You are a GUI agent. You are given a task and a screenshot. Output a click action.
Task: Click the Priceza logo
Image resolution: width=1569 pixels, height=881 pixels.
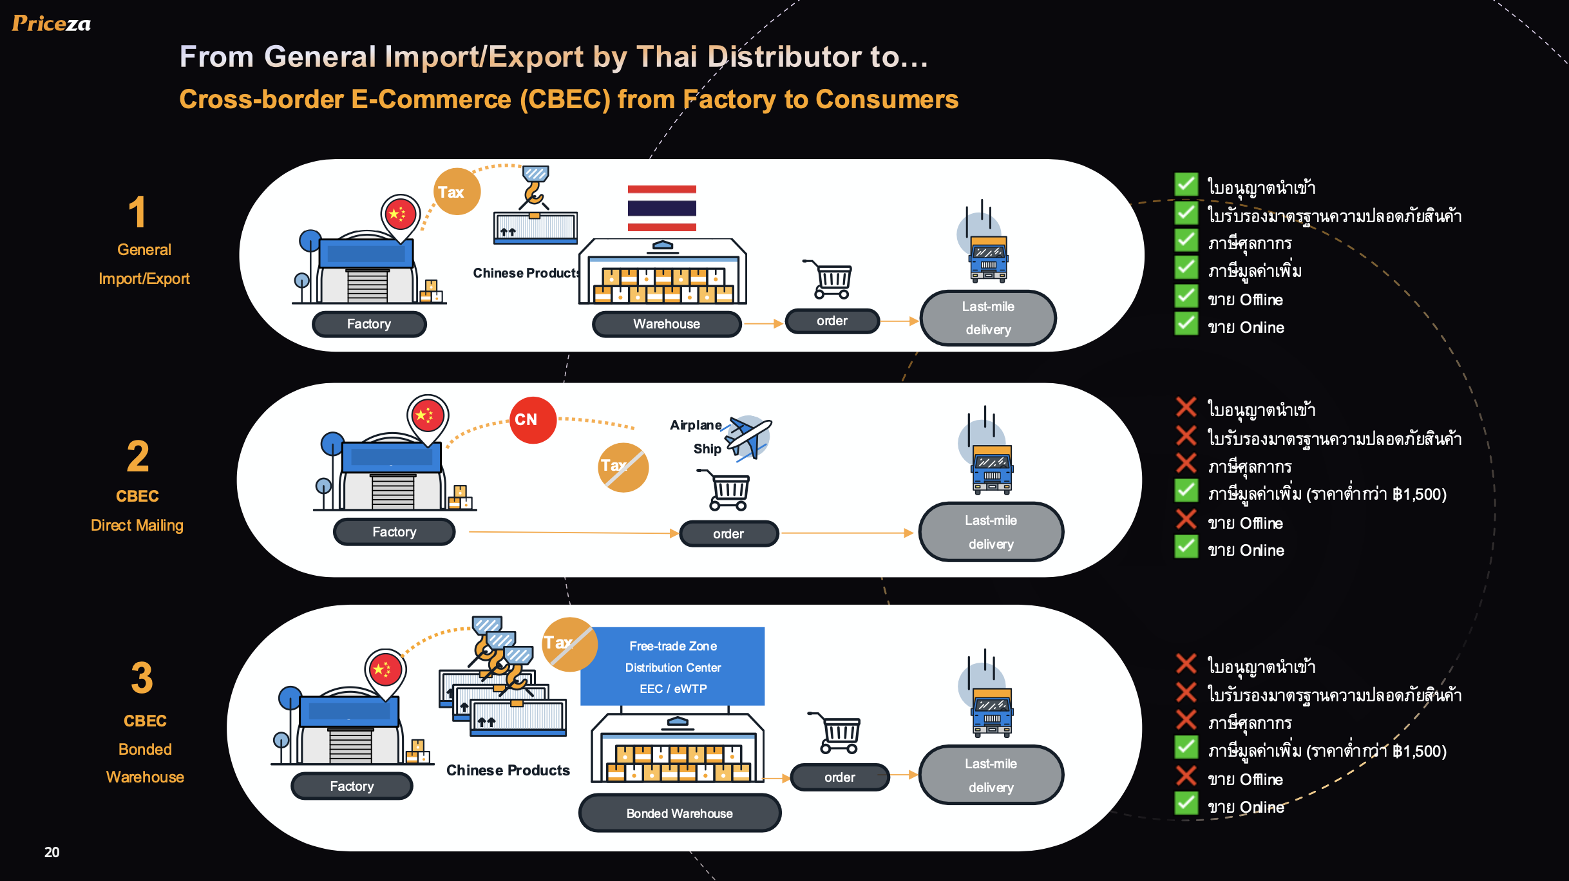click(x=52, y=24)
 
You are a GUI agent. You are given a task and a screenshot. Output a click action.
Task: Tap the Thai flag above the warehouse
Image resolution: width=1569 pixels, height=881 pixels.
click(x=661, y=208)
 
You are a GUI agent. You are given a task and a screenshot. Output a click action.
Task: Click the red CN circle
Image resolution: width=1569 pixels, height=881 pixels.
click(x=533, y=420)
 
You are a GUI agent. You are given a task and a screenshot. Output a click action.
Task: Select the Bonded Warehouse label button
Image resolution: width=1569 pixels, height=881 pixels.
click(x=680, y=813)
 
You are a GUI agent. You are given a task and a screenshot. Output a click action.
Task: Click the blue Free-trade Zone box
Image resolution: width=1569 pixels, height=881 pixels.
click(x=672, y=667)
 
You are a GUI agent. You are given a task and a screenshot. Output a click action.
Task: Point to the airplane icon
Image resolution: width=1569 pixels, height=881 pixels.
click(x=748, y=437)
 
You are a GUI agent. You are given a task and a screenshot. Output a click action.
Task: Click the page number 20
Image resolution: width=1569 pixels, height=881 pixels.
click(x=52, y=852)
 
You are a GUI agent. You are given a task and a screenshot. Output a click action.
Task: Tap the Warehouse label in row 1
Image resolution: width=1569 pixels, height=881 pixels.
click(x=667, y=324)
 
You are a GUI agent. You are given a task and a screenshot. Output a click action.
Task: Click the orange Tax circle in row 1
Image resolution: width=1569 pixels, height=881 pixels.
click(x=456, y=192)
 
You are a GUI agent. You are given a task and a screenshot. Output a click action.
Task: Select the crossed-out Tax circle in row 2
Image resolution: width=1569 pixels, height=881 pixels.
click(x=623, y=467)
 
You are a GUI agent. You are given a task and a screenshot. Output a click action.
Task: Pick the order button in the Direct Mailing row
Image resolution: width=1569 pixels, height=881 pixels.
click(x=728, y=534)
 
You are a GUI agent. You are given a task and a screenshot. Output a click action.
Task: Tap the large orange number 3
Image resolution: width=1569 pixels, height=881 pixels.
click(x=142, y=677)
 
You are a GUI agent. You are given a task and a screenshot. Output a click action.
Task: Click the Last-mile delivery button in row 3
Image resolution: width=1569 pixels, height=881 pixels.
click(x=991, y=775)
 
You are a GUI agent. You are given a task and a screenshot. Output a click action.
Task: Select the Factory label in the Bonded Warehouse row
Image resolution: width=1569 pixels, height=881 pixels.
click(x=352, y=786)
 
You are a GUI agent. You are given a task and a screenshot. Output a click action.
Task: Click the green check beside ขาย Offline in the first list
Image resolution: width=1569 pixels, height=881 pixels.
click(x=1186, y=296)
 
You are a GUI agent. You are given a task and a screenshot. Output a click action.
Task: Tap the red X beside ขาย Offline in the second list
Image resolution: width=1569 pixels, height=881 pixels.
click(x=1186, y=519)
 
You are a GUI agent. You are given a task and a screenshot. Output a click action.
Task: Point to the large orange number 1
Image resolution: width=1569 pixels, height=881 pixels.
click(x=137, y=212)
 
